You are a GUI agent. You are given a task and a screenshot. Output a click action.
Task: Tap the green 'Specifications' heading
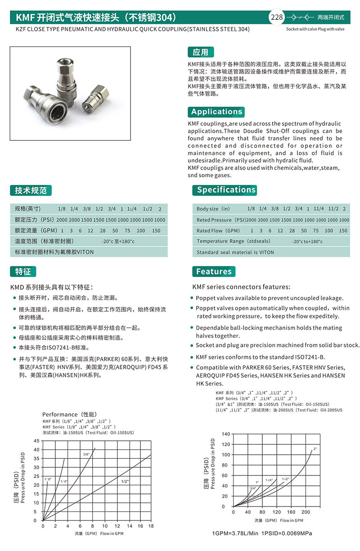pyautogui.click(x=226, y=190)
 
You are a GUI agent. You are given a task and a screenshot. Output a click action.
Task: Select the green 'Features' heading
pyautogui.click(x=213, y=271)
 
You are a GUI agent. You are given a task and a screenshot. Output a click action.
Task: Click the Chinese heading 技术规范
pyautogui.click(x=31, y=190)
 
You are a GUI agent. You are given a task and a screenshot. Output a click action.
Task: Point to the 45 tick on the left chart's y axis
pyautogui.click(x=37, y=441)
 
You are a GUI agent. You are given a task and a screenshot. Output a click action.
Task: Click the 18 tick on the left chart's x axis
pyautogui.click(x=151, y=526)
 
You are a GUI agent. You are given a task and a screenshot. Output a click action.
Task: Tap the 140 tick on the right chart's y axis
pyautogui.click(x=226, y=434)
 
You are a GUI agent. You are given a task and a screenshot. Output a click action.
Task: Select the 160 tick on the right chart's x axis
pyautogui.click(x=291, y=512)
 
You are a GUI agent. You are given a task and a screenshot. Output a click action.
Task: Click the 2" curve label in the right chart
pyautogui.click(x=315, y=449)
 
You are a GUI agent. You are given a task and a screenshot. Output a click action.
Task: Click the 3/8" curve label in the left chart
pyautogui.click(x=86, y=454)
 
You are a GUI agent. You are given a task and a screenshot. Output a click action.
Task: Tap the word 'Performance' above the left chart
pyautogui.click(x=60, y=414)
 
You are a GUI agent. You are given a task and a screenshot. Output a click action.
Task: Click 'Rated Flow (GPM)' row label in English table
pyautogui.click(x=218, y=231)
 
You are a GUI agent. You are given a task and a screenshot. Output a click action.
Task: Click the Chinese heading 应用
pyautogui.click(x=200, y=52)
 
